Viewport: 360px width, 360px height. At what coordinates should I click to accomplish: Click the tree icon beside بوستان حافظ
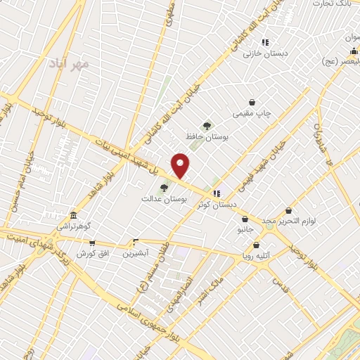206,124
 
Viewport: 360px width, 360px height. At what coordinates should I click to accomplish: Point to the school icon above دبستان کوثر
217,192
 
